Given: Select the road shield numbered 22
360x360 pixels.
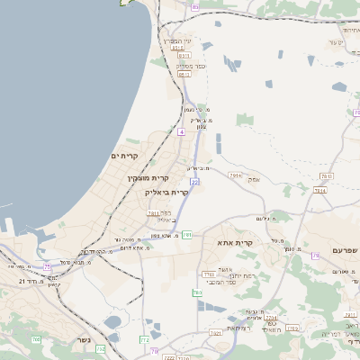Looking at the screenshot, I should pyautogui.click(x=194, y=181).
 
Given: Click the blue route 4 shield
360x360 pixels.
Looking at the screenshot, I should pyautogui.click(x=182, y=132).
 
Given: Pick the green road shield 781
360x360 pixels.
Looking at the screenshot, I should pyautogui.click(x=187, y=235).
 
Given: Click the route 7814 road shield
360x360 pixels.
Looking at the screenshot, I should pyautogui.click(x=319, y=190).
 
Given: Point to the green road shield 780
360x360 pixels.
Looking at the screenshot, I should pyautogui.click(x=197, y=292).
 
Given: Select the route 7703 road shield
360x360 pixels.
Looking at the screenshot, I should pyautogui.click(x=209, y=274).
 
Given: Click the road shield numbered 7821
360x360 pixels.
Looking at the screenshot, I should pyautogui.click(x=216, y=333).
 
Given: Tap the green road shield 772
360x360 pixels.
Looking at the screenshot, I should pyautogui.click(x=144, y=338).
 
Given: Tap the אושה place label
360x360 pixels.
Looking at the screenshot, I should pyautogui.click(x=226, y=268).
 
